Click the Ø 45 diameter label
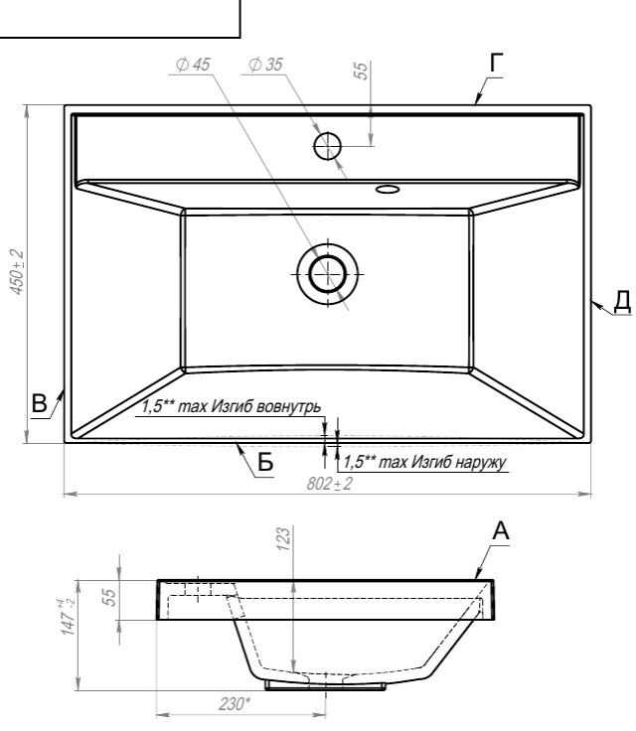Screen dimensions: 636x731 tap(193, 65)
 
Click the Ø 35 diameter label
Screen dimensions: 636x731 tap(265, 65)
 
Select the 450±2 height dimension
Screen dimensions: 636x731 tap(17, 272)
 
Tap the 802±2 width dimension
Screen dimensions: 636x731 tap(330, 484)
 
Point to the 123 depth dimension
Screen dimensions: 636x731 tap(283, 538)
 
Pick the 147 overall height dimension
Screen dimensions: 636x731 tap(69, 617)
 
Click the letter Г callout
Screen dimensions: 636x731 tap(497, 63)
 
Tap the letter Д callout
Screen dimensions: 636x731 tap(622, 301)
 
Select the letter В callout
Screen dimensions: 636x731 tap(40, 403)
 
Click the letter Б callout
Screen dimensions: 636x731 tap(265, 463)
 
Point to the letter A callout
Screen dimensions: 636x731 tap(501, 530)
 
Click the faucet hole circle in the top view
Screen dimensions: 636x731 tap(328, 146)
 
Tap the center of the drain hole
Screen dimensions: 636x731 tap(328, 274)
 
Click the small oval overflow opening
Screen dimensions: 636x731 tap(388, 189)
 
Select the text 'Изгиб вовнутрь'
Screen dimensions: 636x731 tap(265, 406)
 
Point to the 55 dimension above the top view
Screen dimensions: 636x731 tap(362, 70)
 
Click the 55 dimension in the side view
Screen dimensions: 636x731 tap(108, 598)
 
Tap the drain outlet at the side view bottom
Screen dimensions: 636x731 tap(325, 685)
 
